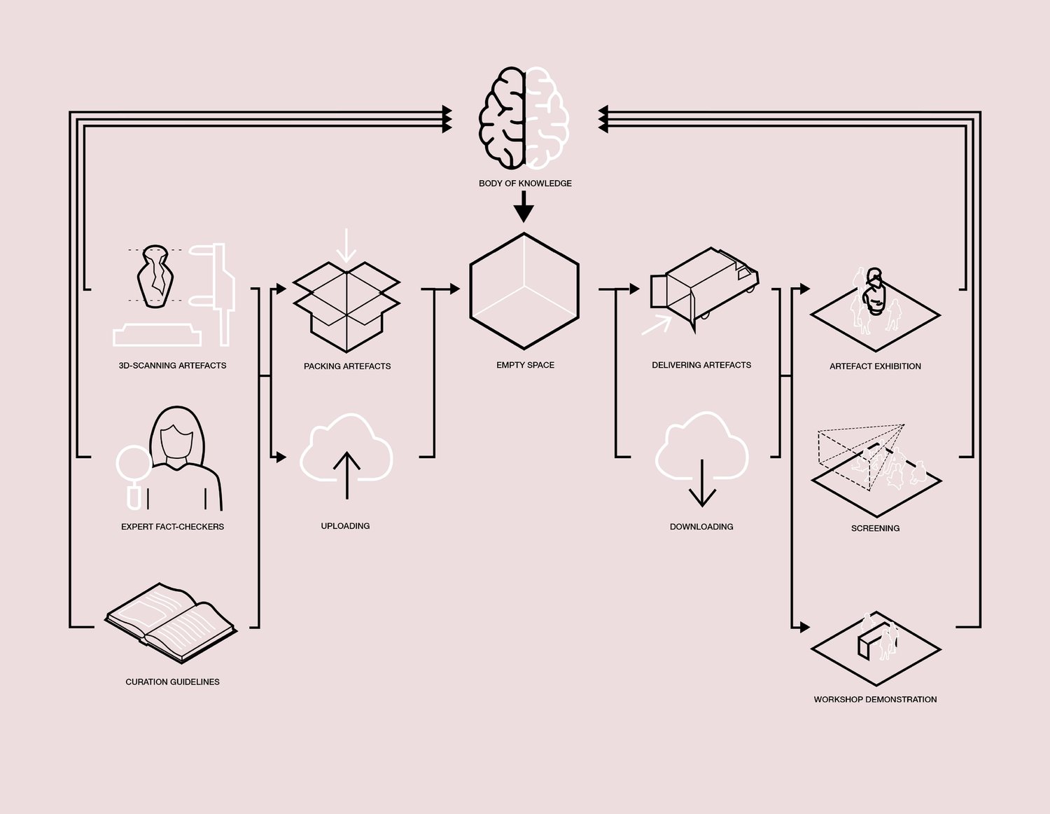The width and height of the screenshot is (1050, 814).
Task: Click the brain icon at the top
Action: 524,118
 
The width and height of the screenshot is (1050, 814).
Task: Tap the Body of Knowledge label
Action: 525,184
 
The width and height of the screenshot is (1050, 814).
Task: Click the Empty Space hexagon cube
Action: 524,291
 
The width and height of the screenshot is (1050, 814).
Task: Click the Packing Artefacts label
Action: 347,366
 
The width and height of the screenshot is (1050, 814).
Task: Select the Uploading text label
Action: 345,526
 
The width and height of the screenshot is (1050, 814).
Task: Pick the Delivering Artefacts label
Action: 701,365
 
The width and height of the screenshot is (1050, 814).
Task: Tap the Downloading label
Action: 701,527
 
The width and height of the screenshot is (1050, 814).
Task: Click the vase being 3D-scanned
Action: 155,276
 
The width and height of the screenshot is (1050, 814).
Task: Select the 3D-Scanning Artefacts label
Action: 172,366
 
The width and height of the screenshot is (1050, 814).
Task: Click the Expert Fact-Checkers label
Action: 172,527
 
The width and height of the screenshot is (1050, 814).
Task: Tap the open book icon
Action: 171,622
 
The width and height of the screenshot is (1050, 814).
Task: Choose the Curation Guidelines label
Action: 172,682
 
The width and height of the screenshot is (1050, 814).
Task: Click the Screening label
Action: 875,528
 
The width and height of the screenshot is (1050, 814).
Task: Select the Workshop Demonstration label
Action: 875,699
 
